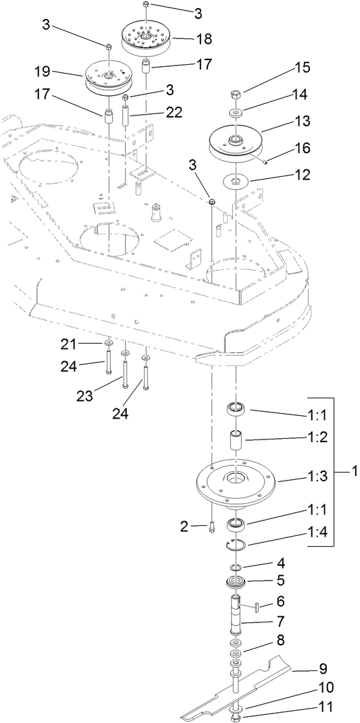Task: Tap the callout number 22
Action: (175, 114)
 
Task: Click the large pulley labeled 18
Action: (147, 35)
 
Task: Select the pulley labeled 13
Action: (234, 142)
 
